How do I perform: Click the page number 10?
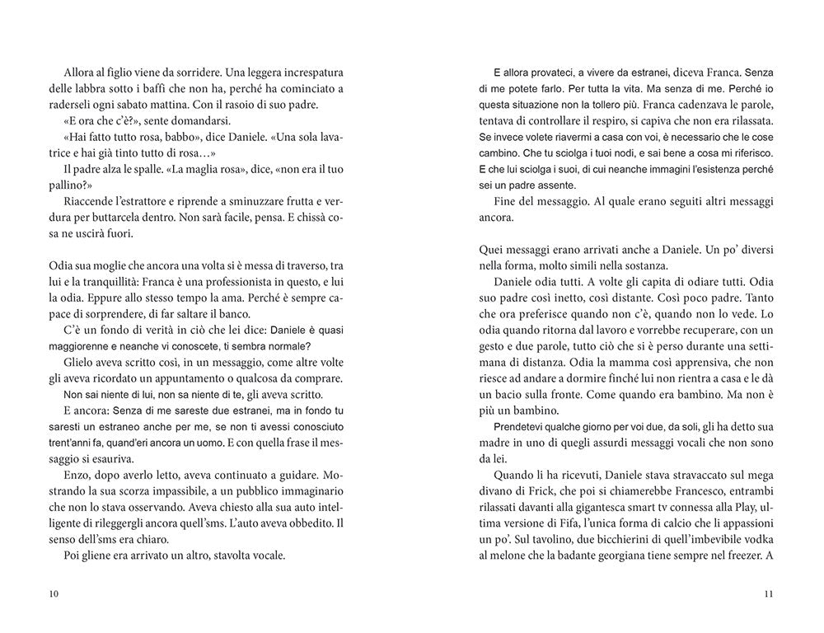[x=54, y=593]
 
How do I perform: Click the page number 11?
[x=769, y=593]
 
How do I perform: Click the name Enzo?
[x=75, y=477]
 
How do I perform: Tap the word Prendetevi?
[x=522, y=427]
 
